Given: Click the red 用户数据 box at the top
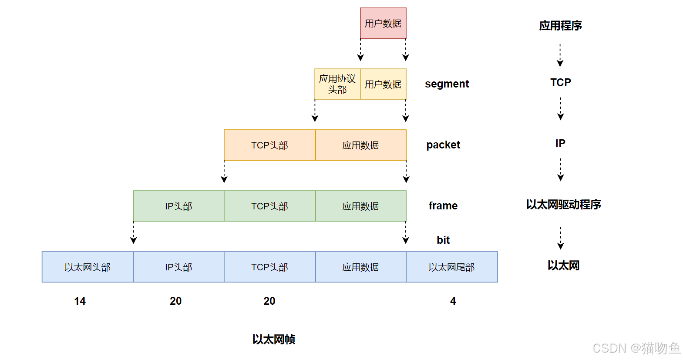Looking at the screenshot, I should [383, 23].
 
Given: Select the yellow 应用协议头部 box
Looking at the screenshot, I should [337, 84].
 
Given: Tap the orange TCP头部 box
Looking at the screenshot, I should [269, 145].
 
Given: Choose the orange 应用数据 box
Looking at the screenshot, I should [360, 145].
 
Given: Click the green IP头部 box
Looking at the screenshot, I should [178, 206].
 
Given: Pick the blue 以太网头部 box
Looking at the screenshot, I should [87, 267].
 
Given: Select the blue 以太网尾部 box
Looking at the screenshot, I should [451, 267].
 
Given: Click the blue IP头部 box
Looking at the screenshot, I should [178, 267].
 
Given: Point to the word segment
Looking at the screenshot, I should [447, 84].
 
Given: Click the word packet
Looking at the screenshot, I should [443, 145].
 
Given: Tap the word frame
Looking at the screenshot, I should [443, 205].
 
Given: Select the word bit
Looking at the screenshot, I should [443, 240].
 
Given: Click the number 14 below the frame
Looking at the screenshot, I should [80, 301].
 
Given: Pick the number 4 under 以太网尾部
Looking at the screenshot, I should [453, 301].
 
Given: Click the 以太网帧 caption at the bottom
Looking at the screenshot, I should [273, 339].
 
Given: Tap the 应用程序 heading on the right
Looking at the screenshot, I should [560, 26].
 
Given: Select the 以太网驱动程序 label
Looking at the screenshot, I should [563, 204].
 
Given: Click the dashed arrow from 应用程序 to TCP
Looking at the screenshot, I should [560, 55].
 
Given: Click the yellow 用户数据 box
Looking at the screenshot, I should [383, 84].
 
